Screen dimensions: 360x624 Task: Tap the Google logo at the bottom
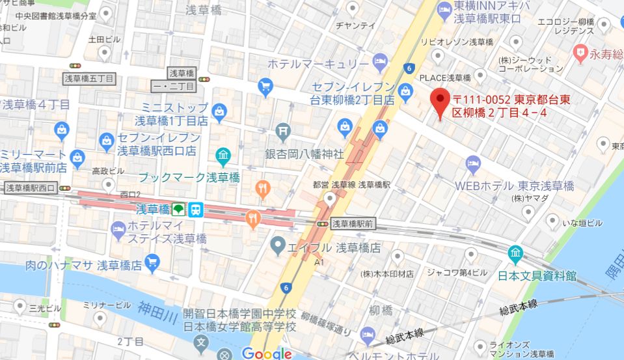pyautogui.click(x=267, y=353)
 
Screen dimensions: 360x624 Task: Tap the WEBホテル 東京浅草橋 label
pyautogui.click(x=514, y=186)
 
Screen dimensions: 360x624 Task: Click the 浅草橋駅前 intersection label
pyautogui.click(x=353, y=223)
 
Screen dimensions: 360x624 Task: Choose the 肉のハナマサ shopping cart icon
pyautogui.click(x=153, y=264)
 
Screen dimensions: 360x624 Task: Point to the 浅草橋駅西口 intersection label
pyautogui.click(x=30, y=188)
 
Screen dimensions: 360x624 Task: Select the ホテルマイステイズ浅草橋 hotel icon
pyautogui.click(x=118, y=228)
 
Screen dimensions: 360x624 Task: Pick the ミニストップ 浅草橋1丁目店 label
pyautogui.click(x=176, y=114)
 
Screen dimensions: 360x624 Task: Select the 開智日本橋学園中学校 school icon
pyautogui.click(x=202, y=342)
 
